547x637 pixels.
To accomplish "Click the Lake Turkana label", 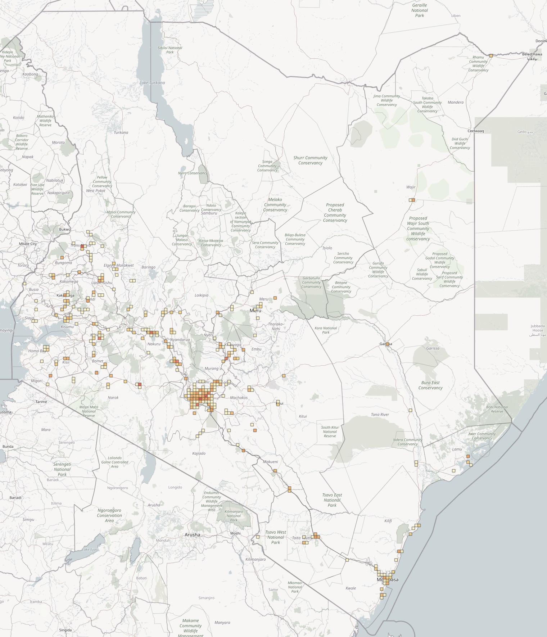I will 152,83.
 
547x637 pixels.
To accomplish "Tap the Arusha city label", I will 192,534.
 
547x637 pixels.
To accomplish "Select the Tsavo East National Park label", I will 332,500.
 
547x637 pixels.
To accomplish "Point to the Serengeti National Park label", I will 62,469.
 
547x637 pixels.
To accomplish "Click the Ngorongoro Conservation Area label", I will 109,515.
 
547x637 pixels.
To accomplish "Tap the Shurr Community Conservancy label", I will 310,160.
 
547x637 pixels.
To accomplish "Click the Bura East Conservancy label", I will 430,385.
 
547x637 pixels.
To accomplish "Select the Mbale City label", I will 28,244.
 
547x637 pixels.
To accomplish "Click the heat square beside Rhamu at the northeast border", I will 491,56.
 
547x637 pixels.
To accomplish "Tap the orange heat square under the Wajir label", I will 413,200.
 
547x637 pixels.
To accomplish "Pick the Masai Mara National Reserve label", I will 89,411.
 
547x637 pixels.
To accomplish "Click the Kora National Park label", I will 326,330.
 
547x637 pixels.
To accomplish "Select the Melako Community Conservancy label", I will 275,204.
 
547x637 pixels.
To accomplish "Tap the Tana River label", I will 380,415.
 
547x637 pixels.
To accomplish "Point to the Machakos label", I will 239,398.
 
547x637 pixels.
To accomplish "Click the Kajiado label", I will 199,453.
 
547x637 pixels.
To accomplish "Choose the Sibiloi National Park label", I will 170,50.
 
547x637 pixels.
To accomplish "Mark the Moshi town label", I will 235,533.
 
